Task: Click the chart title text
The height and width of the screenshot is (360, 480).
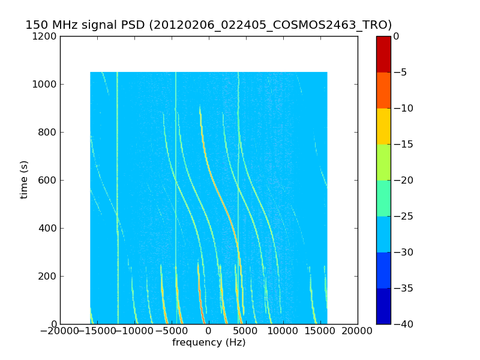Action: pyautogui.click(x=208, y=25)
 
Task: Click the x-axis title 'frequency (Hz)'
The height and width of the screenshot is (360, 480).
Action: pyautogui.click(x=209, y=343)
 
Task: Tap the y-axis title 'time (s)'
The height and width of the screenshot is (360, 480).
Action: pyautogui.click(x=24, y=179)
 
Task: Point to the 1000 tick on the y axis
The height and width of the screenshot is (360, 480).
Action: pyautogui.click(x=46, y=84)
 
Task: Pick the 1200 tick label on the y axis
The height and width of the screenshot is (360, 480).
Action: pyautogui.click(x=46, y=36)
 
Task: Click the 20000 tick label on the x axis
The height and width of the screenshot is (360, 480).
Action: pyautogui.click(x=358, y=331)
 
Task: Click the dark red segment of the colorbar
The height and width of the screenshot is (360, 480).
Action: pyautogui.click(x=383, y=54)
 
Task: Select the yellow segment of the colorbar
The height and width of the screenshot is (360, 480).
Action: pyautogui.click(x=383, y=126)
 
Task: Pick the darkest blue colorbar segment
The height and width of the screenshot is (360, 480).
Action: pyautogui.click(x=383, y=306)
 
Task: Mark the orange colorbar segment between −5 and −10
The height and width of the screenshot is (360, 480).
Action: pyautogui.click(x=383, y=90)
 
